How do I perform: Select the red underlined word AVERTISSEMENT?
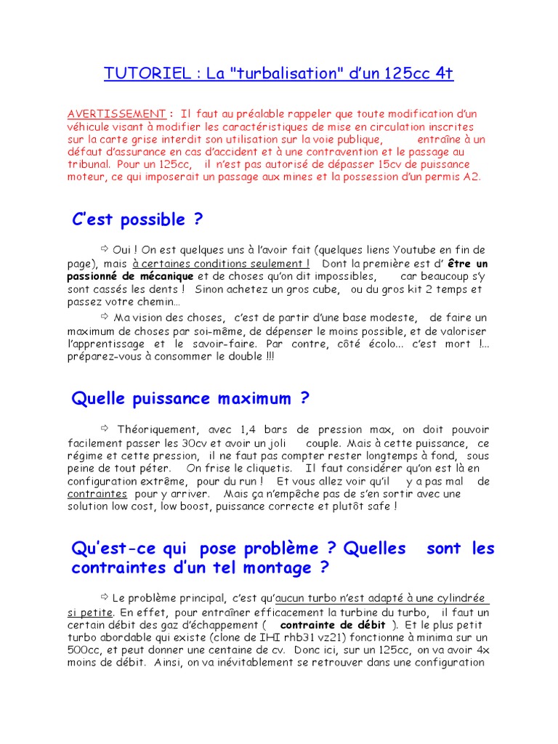(116, 114)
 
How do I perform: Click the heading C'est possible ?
(137, 219)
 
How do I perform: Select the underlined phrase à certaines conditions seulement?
(221, 264)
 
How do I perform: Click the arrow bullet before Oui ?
(105, 249)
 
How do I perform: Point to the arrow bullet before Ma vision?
(105, 316)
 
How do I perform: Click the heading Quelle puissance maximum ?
(190, 398)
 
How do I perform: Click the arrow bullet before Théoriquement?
(105, 429)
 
